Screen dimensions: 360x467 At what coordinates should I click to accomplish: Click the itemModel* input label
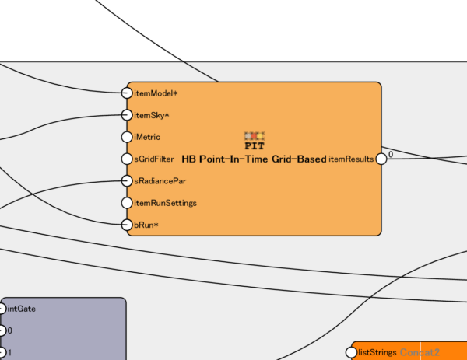click(156, 93)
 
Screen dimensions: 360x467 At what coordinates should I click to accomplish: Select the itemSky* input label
click(152, 115)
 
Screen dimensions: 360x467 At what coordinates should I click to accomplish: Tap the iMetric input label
click(147, 137)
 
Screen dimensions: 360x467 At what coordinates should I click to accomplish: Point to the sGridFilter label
click(153, 159)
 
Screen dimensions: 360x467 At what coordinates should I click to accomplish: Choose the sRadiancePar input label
click(160, 180)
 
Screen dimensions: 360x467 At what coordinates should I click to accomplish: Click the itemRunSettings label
click(165, 203)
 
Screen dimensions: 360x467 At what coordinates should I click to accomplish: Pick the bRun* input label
click(146, 225)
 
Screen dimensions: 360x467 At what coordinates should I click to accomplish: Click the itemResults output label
click(351, 159)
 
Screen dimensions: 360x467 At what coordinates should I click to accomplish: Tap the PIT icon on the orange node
click(255, 140)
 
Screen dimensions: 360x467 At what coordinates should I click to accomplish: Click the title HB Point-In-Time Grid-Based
click(254, 159)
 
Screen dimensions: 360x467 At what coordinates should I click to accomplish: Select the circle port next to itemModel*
click(128, 93)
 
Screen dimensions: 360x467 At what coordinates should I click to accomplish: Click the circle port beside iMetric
click(128, 137)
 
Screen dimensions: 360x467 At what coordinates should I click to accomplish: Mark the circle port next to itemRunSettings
click(128, 203)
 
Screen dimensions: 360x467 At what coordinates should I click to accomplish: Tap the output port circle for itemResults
click(381, 159)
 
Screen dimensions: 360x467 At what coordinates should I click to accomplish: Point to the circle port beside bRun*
click(128, 225)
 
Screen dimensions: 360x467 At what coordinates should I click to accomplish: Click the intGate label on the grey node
click(21, 309)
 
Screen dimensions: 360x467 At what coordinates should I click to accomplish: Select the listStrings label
click(377, 352)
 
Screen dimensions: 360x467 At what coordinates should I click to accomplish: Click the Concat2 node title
click(420, 352)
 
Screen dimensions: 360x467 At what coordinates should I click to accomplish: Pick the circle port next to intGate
click(2, 309)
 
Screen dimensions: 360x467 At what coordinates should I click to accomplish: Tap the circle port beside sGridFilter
click(128, 159)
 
